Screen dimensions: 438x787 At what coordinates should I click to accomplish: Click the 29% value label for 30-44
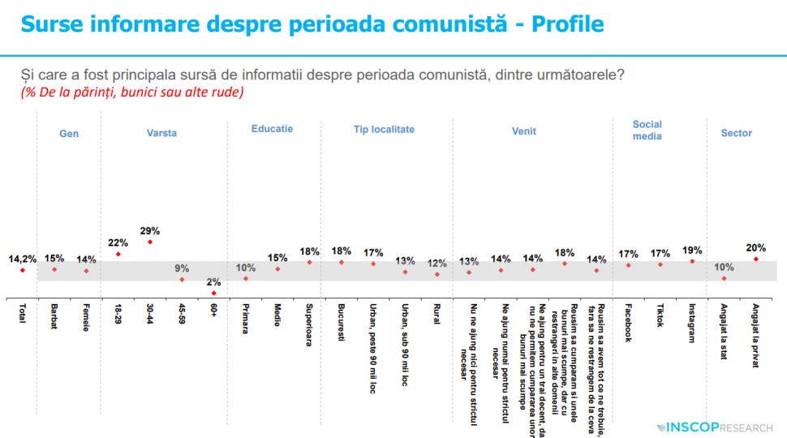coord(150,230)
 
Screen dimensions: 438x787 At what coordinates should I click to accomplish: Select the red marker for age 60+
coord(213,293)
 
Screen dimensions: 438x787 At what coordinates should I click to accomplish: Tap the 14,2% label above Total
coord(22,259)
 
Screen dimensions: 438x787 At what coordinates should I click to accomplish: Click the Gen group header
coord(69,134)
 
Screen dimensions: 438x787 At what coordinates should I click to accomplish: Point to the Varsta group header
coord(161,134)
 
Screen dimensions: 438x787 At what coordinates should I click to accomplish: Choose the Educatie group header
coord(272,129)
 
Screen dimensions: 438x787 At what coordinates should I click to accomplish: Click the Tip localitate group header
coord(384,129)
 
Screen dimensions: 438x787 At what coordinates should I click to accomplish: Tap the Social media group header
coord(647,131)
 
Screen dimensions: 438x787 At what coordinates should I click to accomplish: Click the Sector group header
coord(736,134)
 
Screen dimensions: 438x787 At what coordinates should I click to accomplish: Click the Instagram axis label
coord(692,324)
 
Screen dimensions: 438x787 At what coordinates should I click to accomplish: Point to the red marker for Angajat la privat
coord(755,260)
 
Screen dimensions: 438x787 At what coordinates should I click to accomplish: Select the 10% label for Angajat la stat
coord(723,267)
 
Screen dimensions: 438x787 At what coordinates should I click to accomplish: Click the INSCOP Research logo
coord(714,426)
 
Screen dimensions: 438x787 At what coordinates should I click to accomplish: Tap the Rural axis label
coord(436,315)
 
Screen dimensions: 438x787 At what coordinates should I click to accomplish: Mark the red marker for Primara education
coord(245,278)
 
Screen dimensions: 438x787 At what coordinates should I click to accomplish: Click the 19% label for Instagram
coord(692,251)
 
